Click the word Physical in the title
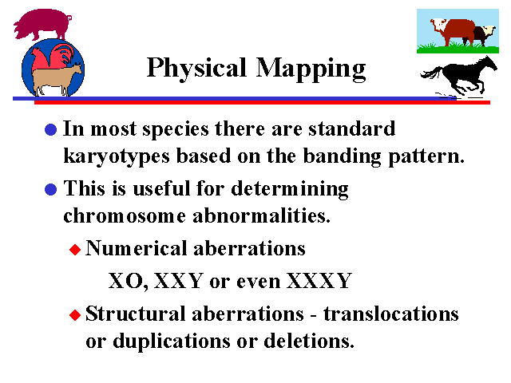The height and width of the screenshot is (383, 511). click(x=196, y=68)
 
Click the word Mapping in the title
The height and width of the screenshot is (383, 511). click(x=311, y=69)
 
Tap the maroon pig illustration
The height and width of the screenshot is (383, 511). click(x=42, y=24)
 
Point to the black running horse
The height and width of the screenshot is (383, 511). click(x=460, y=77)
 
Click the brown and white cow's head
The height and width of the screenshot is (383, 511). click(x=438, y=26)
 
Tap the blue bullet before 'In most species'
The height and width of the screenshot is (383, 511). click(x=51, y=129)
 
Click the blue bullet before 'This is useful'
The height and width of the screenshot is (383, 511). click(x=51, y=189)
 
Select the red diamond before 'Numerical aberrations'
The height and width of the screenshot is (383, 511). click(x=75, y=250)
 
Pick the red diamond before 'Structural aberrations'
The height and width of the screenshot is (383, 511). click(x=75, y=315)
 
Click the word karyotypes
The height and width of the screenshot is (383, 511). click(x=117, y=156)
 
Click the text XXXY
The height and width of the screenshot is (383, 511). click(x=319, y=281)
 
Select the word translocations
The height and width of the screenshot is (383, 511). click(x=391, y=314)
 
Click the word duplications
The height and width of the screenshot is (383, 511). click(x=172, y=342)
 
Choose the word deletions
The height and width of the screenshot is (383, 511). click(x=309, y=341)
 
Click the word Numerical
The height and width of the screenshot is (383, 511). click(x=136, y=248)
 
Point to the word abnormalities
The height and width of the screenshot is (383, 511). click(x=261, y=215)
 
